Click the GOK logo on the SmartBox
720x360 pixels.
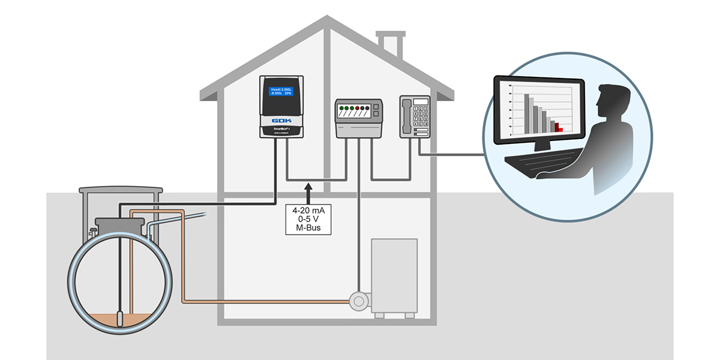point(281,119)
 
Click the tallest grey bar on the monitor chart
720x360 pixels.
point(527,113)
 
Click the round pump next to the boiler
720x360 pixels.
point(358,302)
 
